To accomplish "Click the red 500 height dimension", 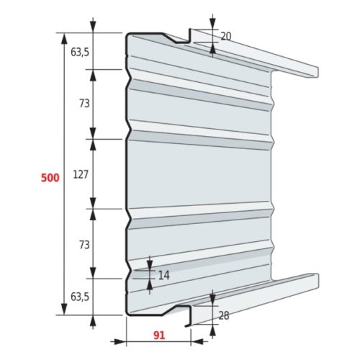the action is pyautogui.click(x=50, y=178).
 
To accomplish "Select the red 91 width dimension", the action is pyautogui.click(x=159, y=336).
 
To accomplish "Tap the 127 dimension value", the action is pyautogui.click(x=81, y=174).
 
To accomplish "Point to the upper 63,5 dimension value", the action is pyautogui.click(x=80, y=52).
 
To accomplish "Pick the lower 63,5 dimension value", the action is pyautogui.click(x=80, y=297).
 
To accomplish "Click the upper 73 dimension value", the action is pyautogui.click(x=84, y=104).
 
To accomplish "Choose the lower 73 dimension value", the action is pyautogui.click(x=84, y=245).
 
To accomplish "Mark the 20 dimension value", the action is pyautogui.click(x=225, y=36).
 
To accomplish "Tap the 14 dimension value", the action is pyautogui.click(x=164, y=275).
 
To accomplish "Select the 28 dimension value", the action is pyautogui.click(x=224, y=315).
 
